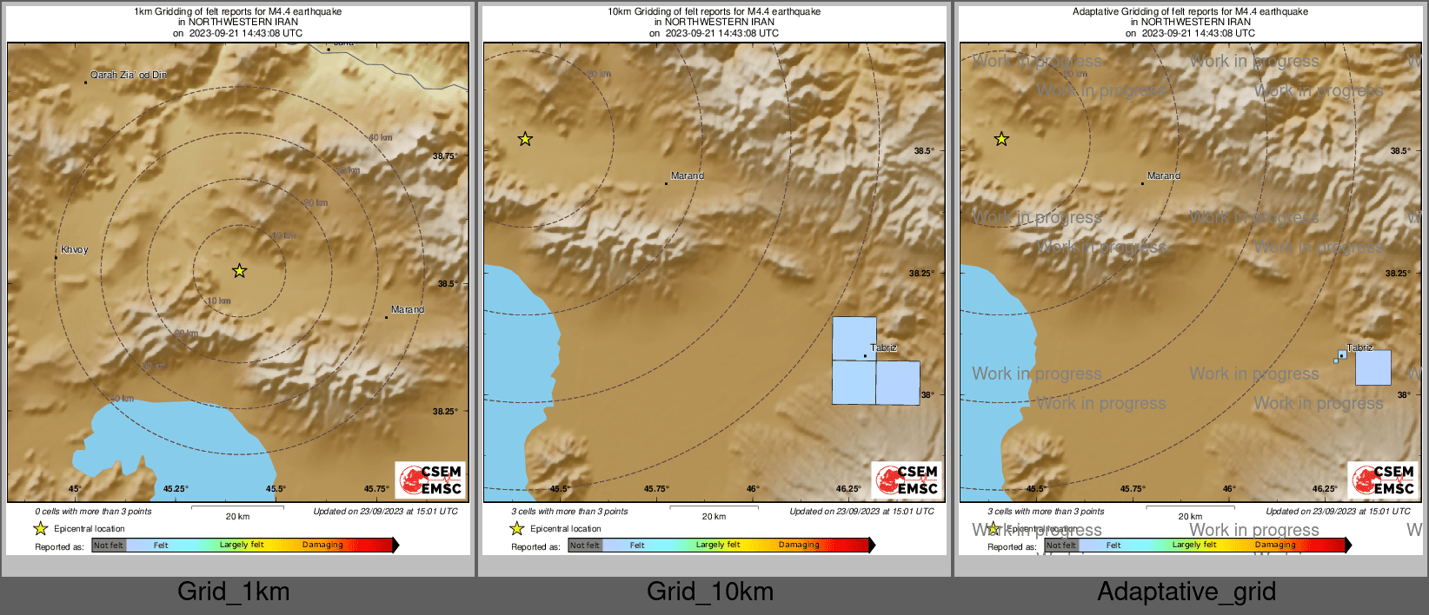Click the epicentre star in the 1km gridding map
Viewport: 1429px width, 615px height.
pyautogui.click(x=239, y=271)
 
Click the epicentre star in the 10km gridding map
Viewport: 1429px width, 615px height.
pyautogui.click(x=525, y=139)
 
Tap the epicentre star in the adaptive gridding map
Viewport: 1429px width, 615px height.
pyautogui.click(x=1001, y=139)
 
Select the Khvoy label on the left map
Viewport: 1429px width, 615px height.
pyautogui.click(x=74, y=250)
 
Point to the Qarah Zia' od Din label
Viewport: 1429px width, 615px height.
pyautogui.click(x=129, y=75)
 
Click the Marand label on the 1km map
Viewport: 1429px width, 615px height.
pyautogui.click(x=407, y=310)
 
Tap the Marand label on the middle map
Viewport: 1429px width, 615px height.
pyautogui.click(x=687, y=175)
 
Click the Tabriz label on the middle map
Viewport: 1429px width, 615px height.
pyautogui.click(x=883, y=347)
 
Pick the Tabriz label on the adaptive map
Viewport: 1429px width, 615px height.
pyautogui.click(x=1359, y=347)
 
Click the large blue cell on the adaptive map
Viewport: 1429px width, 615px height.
pyautogui.click(x=1373, y=367)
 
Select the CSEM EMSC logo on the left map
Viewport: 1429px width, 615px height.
pyautogui.click(x=430, y=479)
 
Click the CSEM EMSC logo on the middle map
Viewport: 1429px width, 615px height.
pyautogui.click(x=907, y=479)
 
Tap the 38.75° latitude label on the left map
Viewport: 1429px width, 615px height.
pyautogui.click(x=444, y=156)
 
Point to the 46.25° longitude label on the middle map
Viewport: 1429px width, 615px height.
pyautogui.click(x=848, y=489)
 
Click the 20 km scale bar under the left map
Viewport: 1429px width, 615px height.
pyautogui.click(x=237, y=507)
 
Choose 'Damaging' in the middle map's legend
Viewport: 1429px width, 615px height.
pyautogui.click(x=799, y=546)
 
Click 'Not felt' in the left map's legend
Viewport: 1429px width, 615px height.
pyautogui.click(x=109, y=546)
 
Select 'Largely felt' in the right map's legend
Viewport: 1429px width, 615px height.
pyautogui.click(x=1194, y=546)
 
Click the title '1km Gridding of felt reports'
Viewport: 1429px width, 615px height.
pyautogui.click(x=237, y=12)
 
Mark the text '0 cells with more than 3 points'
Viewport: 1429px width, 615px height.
pyautogui.click(x=93, y=512)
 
